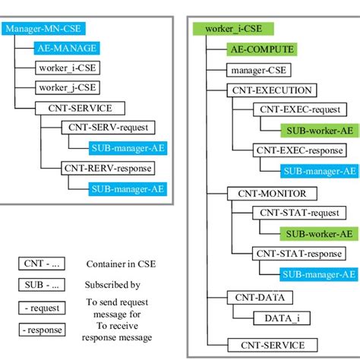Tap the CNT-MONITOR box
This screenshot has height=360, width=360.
click(x=261, y=193)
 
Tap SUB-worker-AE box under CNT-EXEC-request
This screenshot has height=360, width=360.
click(x=317, y=131)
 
